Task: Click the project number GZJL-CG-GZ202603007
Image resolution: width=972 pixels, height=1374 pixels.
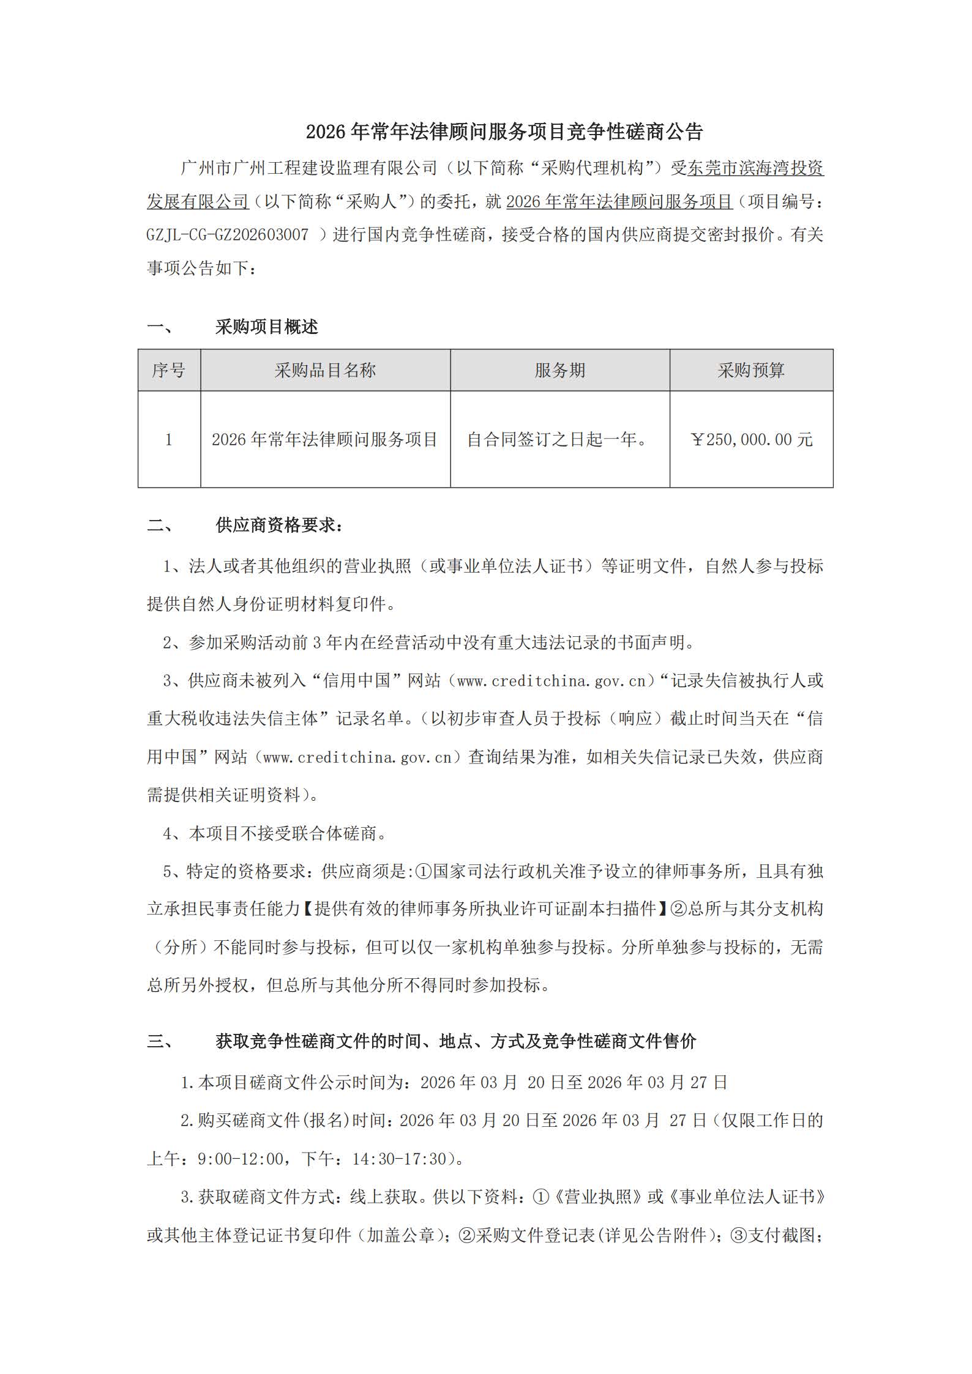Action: [227, 234]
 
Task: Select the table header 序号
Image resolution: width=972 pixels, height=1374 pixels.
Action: [169, 370]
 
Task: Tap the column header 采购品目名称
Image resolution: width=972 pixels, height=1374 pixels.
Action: [325, 370]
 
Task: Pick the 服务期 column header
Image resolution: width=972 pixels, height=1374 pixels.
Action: [559, 370]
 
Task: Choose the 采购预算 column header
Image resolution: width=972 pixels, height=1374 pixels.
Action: [751, 370]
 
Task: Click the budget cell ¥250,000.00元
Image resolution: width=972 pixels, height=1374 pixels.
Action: [751, 439]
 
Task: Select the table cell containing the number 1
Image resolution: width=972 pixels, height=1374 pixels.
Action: [169, 439]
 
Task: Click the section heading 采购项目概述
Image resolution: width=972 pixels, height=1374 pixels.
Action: [266, 327]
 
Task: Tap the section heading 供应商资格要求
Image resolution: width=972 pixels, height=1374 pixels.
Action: [279, 525]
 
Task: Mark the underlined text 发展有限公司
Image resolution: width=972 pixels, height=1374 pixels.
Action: [198, 201]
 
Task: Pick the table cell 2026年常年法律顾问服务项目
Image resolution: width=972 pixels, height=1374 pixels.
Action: [324, 439]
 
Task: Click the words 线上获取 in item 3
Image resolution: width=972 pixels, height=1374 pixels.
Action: [384, 1196]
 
